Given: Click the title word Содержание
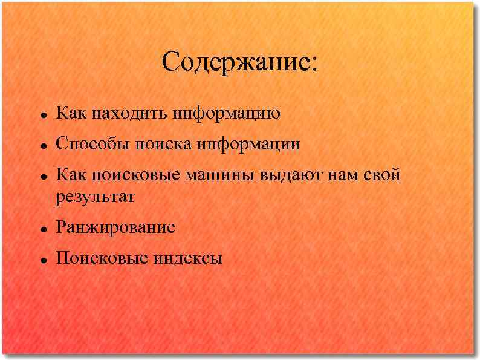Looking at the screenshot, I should pos(235,63).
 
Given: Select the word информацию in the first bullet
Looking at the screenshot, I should pos(226,113).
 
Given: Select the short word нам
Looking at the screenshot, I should pos(344,176).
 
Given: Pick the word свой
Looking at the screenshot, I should pos(382,176).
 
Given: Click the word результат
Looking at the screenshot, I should pos(96,197).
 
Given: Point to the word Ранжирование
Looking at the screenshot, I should pos(115,228).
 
